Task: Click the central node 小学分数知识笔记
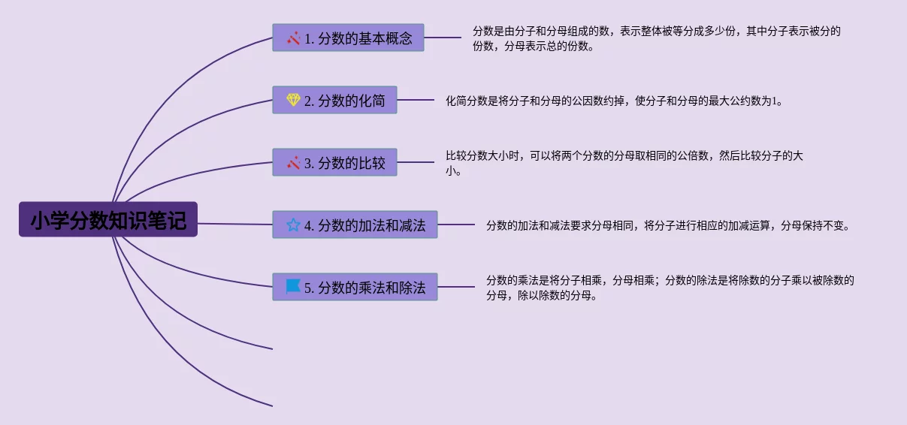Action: pos(108,219)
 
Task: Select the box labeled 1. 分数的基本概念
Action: pos(348,38)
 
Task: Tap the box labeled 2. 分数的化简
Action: pos(334,100)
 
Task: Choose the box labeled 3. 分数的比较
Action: pos(334,162)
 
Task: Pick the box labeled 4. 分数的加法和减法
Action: pos(355,225)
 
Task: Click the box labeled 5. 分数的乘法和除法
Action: pos(355,287)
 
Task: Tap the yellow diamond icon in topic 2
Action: pos(293,100)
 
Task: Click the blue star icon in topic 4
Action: pos(293,225)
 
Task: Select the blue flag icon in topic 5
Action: pos(293,287)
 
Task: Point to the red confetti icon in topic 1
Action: pos(293,38)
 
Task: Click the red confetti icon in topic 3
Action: pos(293,162)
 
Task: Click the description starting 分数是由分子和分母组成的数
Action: pos(656,38)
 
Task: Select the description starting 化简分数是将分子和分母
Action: pos(614,101)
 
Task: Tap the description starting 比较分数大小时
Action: pos(624,163)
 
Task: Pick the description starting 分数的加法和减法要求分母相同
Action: pos(668,225)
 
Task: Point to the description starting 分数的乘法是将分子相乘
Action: pos(670,288)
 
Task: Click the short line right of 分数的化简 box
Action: pos(416,100)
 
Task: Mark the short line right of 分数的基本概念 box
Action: pos(443,38)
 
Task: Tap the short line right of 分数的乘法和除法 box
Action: pos(456,287)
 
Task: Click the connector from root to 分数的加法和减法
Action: pos(235,224)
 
